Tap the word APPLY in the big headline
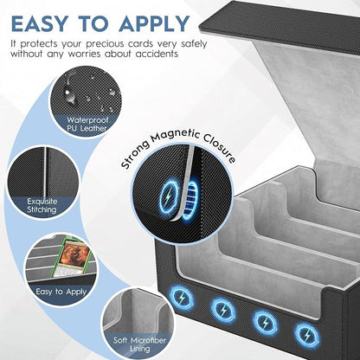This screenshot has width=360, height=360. pyautogui.click(x=154, y=23)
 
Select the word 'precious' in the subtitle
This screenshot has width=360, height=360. pyautogui.click(x=105, y=44)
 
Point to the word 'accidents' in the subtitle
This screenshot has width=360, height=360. pyautogui.click(x=157, y=54)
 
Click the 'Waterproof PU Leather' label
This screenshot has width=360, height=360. pyautogui.click(x=87, y=124)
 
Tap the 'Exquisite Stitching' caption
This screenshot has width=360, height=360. pyautogui.click(x=42, y=205)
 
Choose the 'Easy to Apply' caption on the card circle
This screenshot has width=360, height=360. pyautogui.click(x=61, y=292)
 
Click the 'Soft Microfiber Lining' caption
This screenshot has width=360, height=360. pyautogui.click(x=139, y=344)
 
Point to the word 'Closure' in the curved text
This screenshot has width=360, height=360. pyautogui.click(x=219, y=148)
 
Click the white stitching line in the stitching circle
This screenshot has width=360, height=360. pyautogui.click(x=46, y=173)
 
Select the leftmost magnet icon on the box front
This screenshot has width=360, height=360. pyautogui.click(x=182, y=298)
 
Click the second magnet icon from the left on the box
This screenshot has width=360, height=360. pyautogui.click(x=223, y=310)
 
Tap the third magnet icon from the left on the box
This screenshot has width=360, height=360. pyautogui.click(x=266, y=323)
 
